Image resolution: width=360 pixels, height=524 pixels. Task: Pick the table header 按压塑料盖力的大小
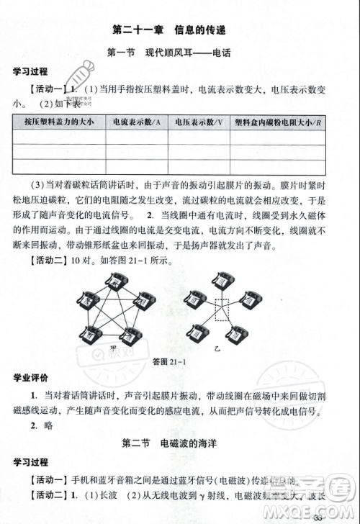(x=58, y=122)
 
